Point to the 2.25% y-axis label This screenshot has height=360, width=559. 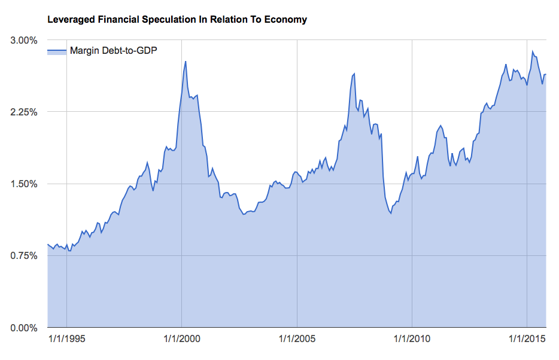tap(24, 112)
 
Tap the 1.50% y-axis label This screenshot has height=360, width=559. tap(24, 184)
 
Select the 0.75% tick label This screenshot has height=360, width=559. tap(24, 255)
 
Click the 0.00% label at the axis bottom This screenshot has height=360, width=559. tap(24, 328)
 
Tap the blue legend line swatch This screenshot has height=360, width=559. tap(57, 50)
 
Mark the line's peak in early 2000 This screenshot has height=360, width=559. tap(186, 61)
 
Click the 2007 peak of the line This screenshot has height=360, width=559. tap(354, 74)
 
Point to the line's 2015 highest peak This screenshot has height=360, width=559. tap(533, 51)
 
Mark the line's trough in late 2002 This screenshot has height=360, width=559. tap(243, 214)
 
